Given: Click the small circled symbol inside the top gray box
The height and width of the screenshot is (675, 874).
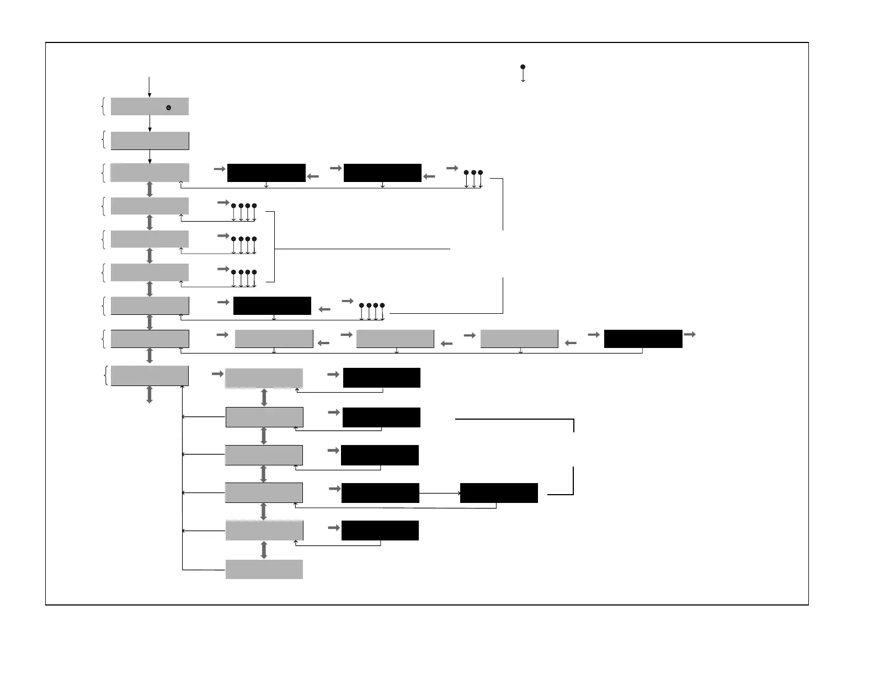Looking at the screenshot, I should pos(169,108).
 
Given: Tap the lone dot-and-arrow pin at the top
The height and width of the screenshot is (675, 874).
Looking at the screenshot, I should pos(523,73).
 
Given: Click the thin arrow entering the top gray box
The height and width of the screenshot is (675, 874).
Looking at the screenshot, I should pos(150,87).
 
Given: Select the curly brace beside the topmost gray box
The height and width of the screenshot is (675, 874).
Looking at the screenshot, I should pos(104,106).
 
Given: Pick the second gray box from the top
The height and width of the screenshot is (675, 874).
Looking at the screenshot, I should pos(150,141).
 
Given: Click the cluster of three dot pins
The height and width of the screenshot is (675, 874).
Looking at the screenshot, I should pos(473,179).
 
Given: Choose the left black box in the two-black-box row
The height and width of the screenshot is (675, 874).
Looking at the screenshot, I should pos(266,173).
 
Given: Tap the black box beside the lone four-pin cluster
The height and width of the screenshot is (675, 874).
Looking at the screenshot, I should pos(272,306).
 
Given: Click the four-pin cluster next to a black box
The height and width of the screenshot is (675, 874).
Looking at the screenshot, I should pos(372,311).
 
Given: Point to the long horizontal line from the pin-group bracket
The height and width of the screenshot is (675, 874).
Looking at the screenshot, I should pos(362,249).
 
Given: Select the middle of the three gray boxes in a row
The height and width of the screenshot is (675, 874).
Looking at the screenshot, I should pos(395,339).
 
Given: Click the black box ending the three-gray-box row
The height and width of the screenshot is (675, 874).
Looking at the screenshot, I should pos(643,339).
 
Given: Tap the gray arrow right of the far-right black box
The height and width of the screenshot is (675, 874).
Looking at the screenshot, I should pos(690,334).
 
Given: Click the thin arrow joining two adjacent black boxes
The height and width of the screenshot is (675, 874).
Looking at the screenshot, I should pos(440,493).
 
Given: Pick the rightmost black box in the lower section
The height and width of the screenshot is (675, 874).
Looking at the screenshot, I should pos(499,493).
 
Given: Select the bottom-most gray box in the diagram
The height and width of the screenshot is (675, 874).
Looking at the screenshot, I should pos(264,569).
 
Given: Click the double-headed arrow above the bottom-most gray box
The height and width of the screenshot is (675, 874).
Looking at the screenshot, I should pos(264,550).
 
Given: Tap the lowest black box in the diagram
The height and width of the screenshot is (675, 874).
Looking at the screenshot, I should pos(380,531).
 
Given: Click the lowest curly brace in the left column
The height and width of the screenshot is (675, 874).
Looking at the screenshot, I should pos(105,376).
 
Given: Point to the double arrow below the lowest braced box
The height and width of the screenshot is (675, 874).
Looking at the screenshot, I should pos(150,394).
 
